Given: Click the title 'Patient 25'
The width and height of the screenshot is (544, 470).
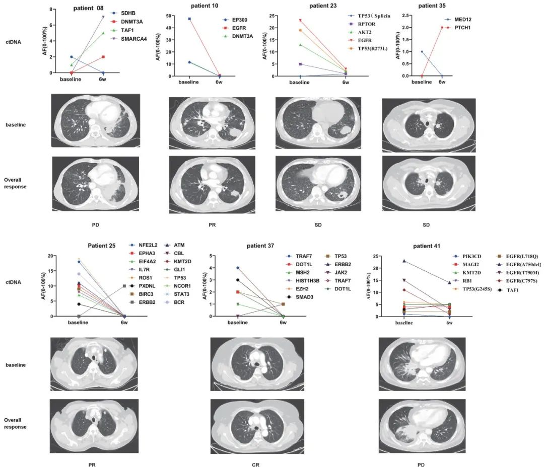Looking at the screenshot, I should pos(102,246).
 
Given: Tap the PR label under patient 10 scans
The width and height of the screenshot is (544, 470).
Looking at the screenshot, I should pos(217,224).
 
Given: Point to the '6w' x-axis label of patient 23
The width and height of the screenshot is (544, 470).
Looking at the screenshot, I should pos(346,83).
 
